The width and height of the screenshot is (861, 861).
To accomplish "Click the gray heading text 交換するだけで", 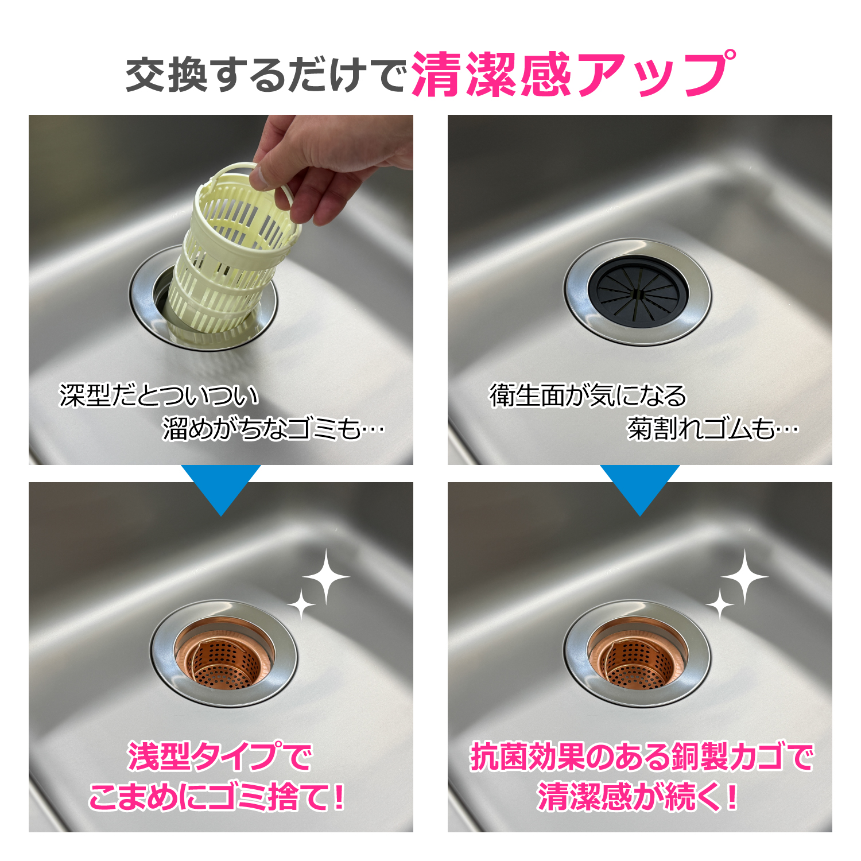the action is point(266,75).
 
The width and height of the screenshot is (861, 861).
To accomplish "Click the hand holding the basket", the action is point(333,166).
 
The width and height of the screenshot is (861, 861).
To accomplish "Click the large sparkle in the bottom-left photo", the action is point(326,577).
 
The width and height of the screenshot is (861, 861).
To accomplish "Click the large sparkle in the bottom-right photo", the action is point(745,577).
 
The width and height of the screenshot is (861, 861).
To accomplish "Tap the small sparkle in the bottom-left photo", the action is point(301,604).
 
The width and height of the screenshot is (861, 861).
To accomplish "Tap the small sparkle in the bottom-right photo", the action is point(720,604).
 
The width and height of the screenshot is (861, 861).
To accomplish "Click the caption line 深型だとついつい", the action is point(159,395).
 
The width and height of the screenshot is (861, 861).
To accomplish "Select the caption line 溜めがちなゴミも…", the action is point(274,428).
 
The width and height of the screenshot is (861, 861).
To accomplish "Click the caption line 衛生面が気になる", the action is point(588,395).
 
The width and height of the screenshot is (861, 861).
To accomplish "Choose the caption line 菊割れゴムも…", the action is point(713,428).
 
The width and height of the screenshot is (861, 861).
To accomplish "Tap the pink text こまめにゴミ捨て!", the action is point(217,797).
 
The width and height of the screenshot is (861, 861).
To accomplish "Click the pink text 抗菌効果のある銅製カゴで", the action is point(642,757).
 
